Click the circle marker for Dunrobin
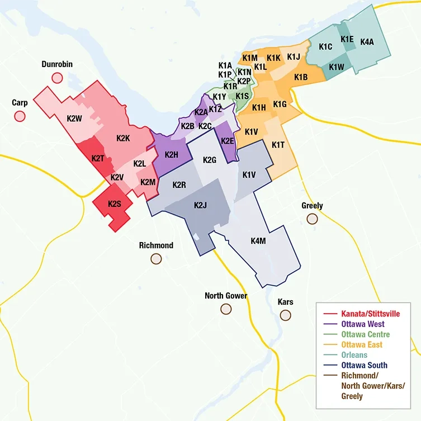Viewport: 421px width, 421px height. tap(56, 78)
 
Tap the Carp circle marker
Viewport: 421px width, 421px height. tap(20, 116)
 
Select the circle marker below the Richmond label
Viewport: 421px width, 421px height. tap(156, 259)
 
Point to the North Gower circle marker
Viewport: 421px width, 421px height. tap(226, 309)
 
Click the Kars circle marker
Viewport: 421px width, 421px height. tap(286, 315)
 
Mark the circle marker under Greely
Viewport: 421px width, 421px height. tap(312, 219)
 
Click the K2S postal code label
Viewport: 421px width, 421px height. tap(115, 204)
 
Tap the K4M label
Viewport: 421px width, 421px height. tap(258, 241)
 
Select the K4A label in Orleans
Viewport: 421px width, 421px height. tap(367, 42)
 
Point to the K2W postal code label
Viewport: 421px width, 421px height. tap(74, 119)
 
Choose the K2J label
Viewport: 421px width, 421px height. tap(201, 205)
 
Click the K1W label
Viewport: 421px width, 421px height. tap(337, 67)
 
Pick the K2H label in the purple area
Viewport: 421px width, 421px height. tap(172, 155)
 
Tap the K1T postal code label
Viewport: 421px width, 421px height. tap(278, 145)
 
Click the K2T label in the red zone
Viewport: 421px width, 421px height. tap(98, 158)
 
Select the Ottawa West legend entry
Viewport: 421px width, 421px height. tap(363, 324)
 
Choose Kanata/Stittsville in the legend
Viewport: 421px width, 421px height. tap(370, 314)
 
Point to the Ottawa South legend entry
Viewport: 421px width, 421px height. tap(364, 365)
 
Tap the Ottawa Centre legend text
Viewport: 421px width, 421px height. tap(365, 334)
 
